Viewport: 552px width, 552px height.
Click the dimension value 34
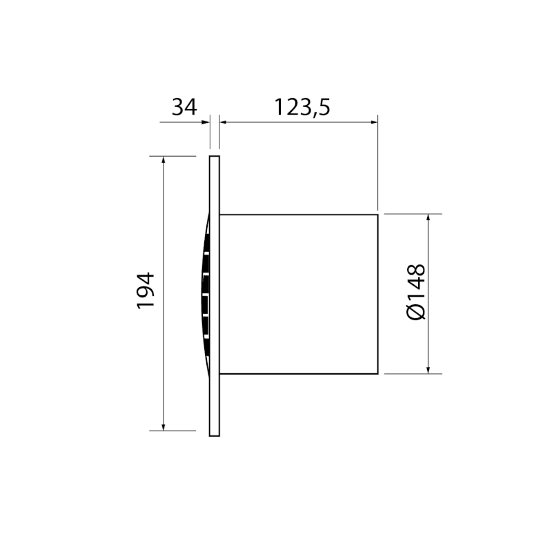pos(184,108)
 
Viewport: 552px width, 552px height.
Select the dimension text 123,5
pos(302,108)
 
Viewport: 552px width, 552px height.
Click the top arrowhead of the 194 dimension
pos(163,161)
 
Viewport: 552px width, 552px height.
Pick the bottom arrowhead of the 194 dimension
pos(163,426)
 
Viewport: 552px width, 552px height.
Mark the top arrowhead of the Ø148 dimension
pos(429,219)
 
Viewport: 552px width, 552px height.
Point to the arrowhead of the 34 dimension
pos(205,123)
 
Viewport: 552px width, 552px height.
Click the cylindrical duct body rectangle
pos(298,294)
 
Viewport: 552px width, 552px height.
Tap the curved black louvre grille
pos(205,293)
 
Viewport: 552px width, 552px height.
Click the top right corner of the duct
pos(377,215)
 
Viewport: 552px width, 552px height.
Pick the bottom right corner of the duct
pos(377,373)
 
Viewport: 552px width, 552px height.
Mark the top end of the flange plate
pos(215,157)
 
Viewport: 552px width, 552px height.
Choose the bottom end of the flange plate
pos(215,435)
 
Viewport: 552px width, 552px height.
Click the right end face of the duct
pos(377,294)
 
